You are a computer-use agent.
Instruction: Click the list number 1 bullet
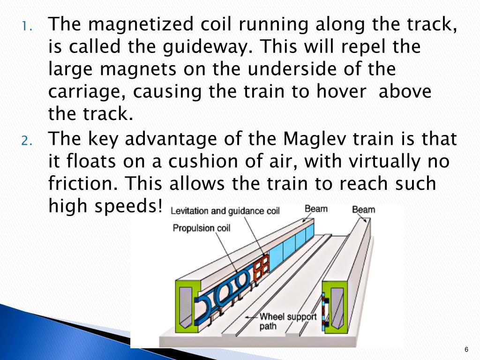click(x=26, y=25)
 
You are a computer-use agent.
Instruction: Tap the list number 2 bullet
click(x=26, y=140)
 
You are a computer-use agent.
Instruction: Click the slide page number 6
click(x=466, y=349)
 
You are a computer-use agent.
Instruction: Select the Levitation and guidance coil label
click(x=225, y=211)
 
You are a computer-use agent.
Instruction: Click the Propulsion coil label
click(x=201, y=228)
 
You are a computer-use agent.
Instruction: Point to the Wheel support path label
click(x=288, y=321)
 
